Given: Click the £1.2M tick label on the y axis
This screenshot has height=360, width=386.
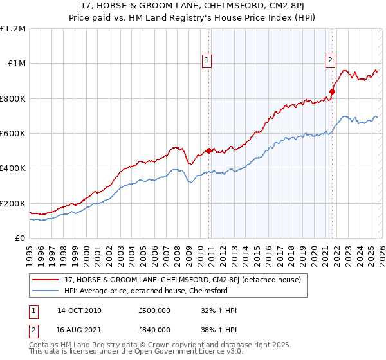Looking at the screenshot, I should tap(13, 29).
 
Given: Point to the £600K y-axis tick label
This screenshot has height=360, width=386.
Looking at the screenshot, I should tap(13, 134).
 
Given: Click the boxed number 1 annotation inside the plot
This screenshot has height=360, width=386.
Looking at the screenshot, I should tap(207, 61).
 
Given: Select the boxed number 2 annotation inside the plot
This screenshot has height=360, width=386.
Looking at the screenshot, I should tap(330, 61).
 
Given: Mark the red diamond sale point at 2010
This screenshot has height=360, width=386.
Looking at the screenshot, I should tap(208, 151).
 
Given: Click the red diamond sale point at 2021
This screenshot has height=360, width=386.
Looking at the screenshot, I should tap(332, 91).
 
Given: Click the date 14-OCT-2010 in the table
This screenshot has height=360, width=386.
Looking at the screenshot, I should tap(79, 310).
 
